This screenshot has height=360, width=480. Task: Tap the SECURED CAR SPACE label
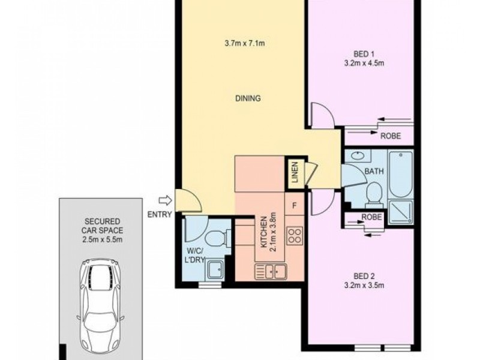click(101, 230)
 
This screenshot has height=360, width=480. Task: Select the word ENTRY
click(158, 214)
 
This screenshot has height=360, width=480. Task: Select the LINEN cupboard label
click(295, 172)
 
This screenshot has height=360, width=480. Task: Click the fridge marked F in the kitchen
click(294, 205)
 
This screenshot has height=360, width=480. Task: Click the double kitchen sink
click(271, 272)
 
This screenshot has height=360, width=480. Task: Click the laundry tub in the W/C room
click(214, 271)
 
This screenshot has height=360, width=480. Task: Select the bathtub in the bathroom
click(400, 175)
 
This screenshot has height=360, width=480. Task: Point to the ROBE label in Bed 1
click(391, 136)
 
